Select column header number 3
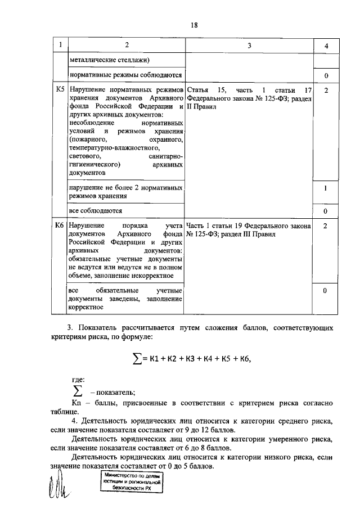249,45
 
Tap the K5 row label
60,89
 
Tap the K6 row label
60,225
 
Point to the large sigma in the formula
136,358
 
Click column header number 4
326,45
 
